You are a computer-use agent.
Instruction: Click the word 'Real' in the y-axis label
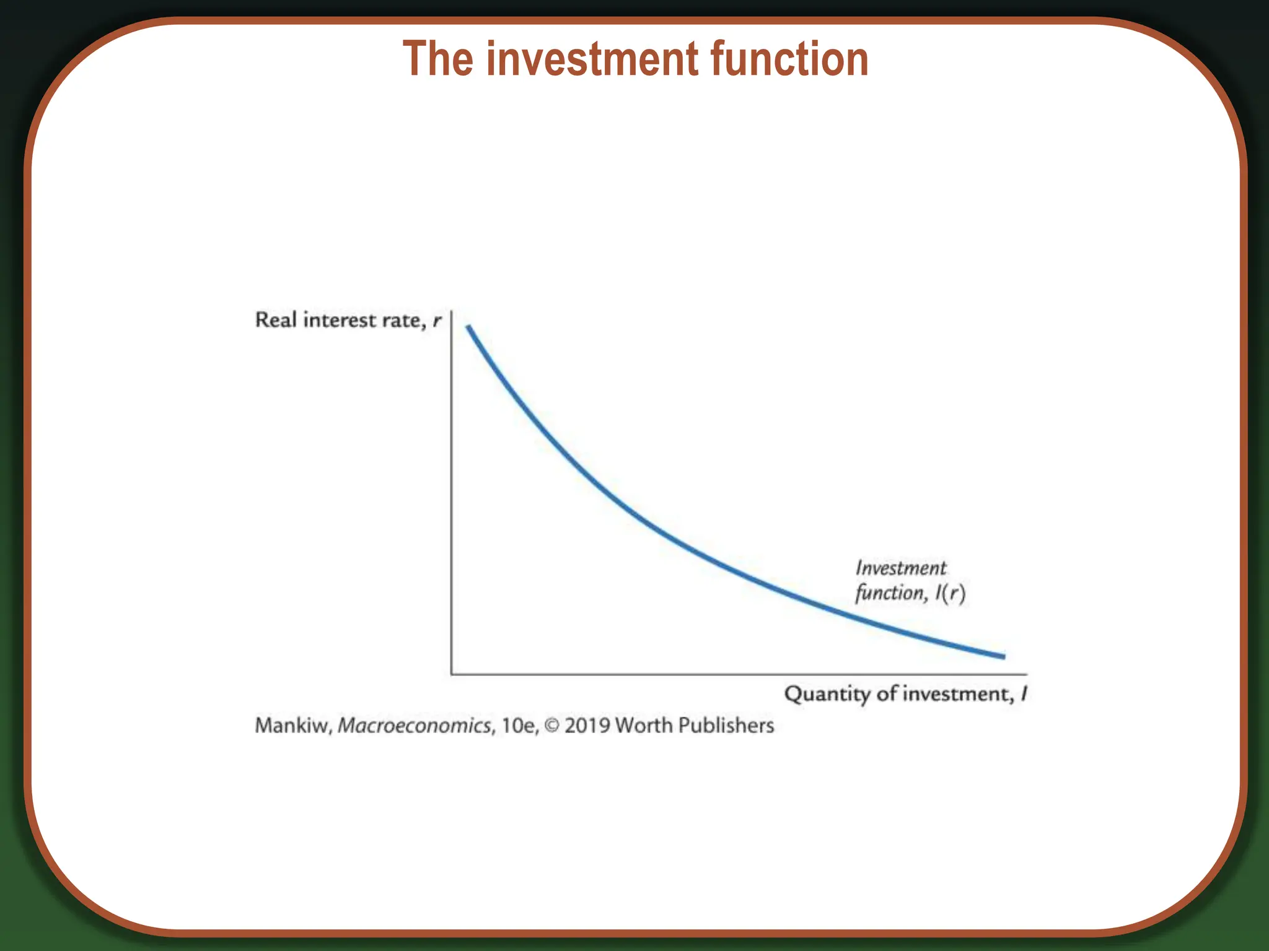coord(276,320)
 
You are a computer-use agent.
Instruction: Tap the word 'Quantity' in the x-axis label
coord(827,694)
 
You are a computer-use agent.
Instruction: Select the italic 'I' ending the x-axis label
coord(1024,693)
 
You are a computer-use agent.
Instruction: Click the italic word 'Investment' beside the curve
coord(901,568)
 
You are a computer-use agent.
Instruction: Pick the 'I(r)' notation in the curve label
coord(951,593)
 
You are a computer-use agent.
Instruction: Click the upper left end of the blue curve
coord(468,327)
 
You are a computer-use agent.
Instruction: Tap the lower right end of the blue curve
coord(1003,656)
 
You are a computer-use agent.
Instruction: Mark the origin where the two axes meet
coord(452,674)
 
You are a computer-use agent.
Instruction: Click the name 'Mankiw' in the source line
coord(292,726)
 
